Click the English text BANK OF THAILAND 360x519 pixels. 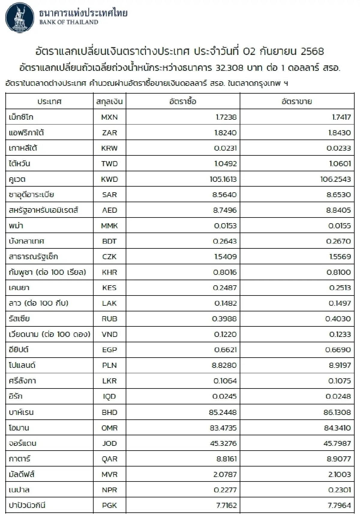pos(69,22)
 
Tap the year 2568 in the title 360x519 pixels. pos(312,51)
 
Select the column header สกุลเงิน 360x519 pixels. pos(109,101)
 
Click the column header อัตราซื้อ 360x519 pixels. pos(183,101)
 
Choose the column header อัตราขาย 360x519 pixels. pos(297,101)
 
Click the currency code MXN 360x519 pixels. pos(109,117)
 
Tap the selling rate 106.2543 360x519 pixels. pos(335,179)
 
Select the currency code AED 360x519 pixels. pos(109,210)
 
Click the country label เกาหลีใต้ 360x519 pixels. pos(23,148)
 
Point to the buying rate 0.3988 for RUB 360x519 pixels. pos(224,319)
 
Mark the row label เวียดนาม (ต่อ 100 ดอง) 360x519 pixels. pos(49,334)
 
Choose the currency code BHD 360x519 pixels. pos(109,412)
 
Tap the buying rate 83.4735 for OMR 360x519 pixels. pos(223,428)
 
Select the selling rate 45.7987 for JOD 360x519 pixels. pos(337,443)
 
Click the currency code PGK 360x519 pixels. pos(109,505)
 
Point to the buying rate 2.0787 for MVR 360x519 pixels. pos(225,475)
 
